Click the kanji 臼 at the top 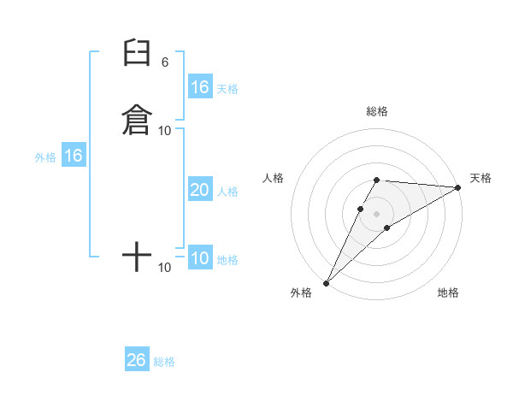coord(137,53)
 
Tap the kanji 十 coord(137,256)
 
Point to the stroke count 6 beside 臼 coord(165,62)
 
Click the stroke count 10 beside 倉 coord(165,130)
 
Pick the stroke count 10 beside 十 coord(165,268)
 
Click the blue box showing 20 coord(199,190)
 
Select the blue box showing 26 coord(137,360)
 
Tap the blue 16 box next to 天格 coord(199,87)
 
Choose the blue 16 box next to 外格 coord(73,156)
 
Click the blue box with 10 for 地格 coord(199,258)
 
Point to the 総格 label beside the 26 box coord(164,362)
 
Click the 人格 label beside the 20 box coord(227,192)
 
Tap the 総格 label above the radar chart coord(376,111)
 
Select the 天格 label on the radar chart coord(481,178)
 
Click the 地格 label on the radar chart coord(448,293)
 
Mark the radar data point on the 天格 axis coord(458,187)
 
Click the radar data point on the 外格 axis coord(326,282)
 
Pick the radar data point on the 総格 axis coord(376,180)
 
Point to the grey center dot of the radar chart coord(376,213)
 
